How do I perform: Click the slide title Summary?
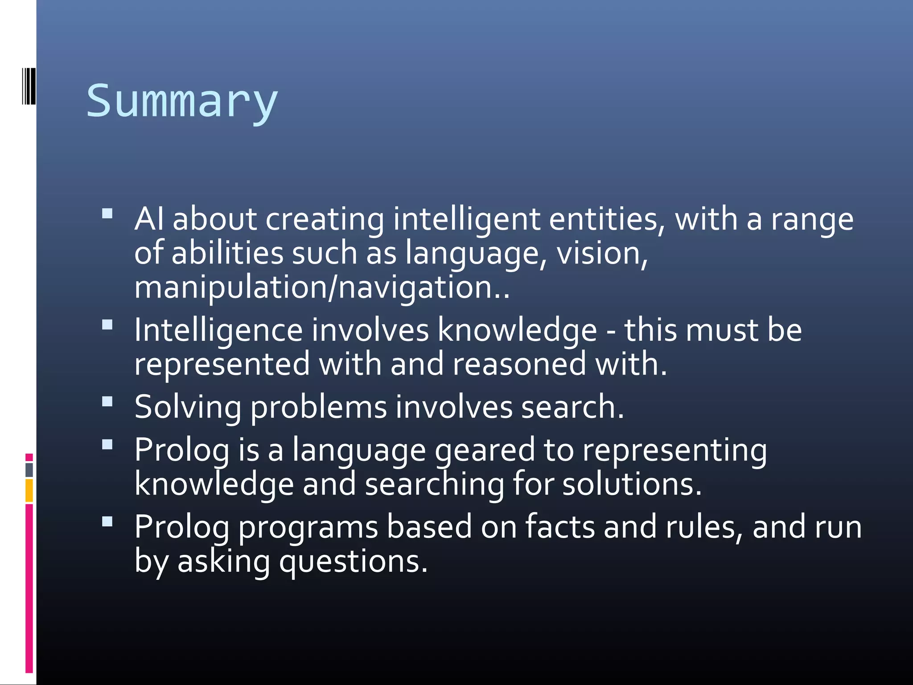pos(182,102)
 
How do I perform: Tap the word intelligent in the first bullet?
pos(467,220)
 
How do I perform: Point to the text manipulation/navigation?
pos(322,288)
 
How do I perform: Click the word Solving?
pos(188,408)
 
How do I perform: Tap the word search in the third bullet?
pos(572,407)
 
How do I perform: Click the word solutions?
pos(632,484)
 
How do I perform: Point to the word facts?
pos(560,527)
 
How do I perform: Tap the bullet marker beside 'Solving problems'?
pos(107,402)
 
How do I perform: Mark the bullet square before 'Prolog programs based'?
pos(107,521)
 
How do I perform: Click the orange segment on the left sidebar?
pos(29,490)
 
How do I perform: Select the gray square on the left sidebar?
pos(29,470)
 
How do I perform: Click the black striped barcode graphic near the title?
pos(29,86)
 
